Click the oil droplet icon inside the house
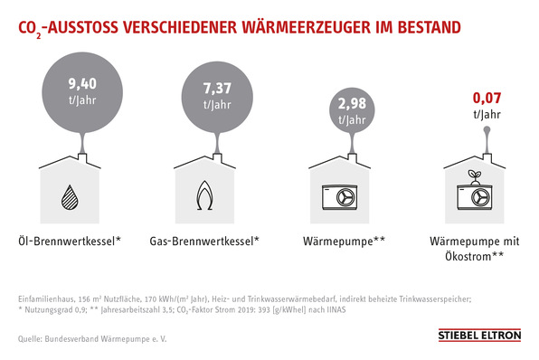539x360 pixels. pos(69,195)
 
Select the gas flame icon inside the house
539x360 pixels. pos(204,195)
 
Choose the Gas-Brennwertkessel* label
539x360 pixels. pos(204,242)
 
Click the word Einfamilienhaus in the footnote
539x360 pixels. pos(45,298)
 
